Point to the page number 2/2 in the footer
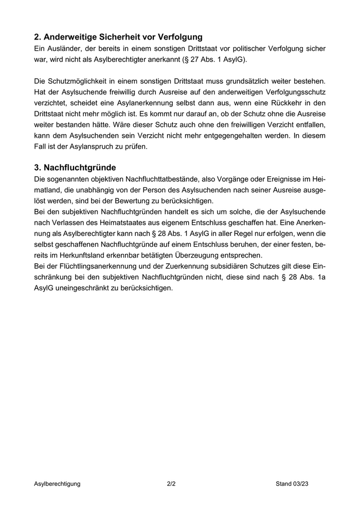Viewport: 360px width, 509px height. click(171, 484)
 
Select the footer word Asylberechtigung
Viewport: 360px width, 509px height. click(57, 484)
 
